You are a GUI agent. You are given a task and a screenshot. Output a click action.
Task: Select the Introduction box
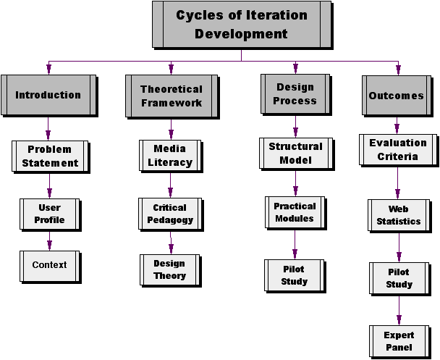click(x=48, y=94)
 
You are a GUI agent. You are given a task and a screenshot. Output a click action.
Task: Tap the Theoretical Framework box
click(x=171, y=96)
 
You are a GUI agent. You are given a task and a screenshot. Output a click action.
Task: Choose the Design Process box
click(x=295, y=94)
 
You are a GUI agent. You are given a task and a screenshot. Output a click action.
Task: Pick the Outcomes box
click(x=396, y=95)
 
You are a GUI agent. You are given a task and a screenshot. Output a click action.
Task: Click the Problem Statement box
click(x=49, y=156)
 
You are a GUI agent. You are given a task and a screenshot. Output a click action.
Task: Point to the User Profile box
click(x=49, y=213)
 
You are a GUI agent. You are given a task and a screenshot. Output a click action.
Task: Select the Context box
click(x=49, y=265)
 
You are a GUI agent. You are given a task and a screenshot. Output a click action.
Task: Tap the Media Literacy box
click(x=170, y=155)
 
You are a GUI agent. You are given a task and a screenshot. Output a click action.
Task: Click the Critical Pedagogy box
click(x=170, y=213)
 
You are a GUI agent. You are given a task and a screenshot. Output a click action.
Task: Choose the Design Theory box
click(x=169, y=269)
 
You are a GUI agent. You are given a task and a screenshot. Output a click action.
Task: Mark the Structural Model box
click(x=295, y=152)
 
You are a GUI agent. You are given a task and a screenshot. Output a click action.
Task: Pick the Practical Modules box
click(x=294, y=212)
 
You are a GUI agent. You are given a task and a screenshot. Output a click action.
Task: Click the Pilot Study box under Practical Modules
click(x=294, y=275)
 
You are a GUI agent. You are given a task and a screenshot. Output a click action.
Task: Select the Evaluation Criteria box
click(x=397, y=150)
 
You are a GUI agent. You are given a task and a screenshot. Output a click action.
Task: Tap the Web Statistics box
click(x=398, y=215)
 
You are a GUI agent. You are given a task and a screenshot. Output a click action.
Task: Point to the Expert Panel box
click(x=399, y=341)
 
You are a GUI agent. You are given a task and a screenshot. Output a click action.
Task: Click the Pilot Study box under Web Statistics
click(x=399, y=278)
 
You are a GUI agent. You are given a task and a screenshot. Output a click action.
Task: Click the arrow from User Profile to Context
click(x=49, y=240)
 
